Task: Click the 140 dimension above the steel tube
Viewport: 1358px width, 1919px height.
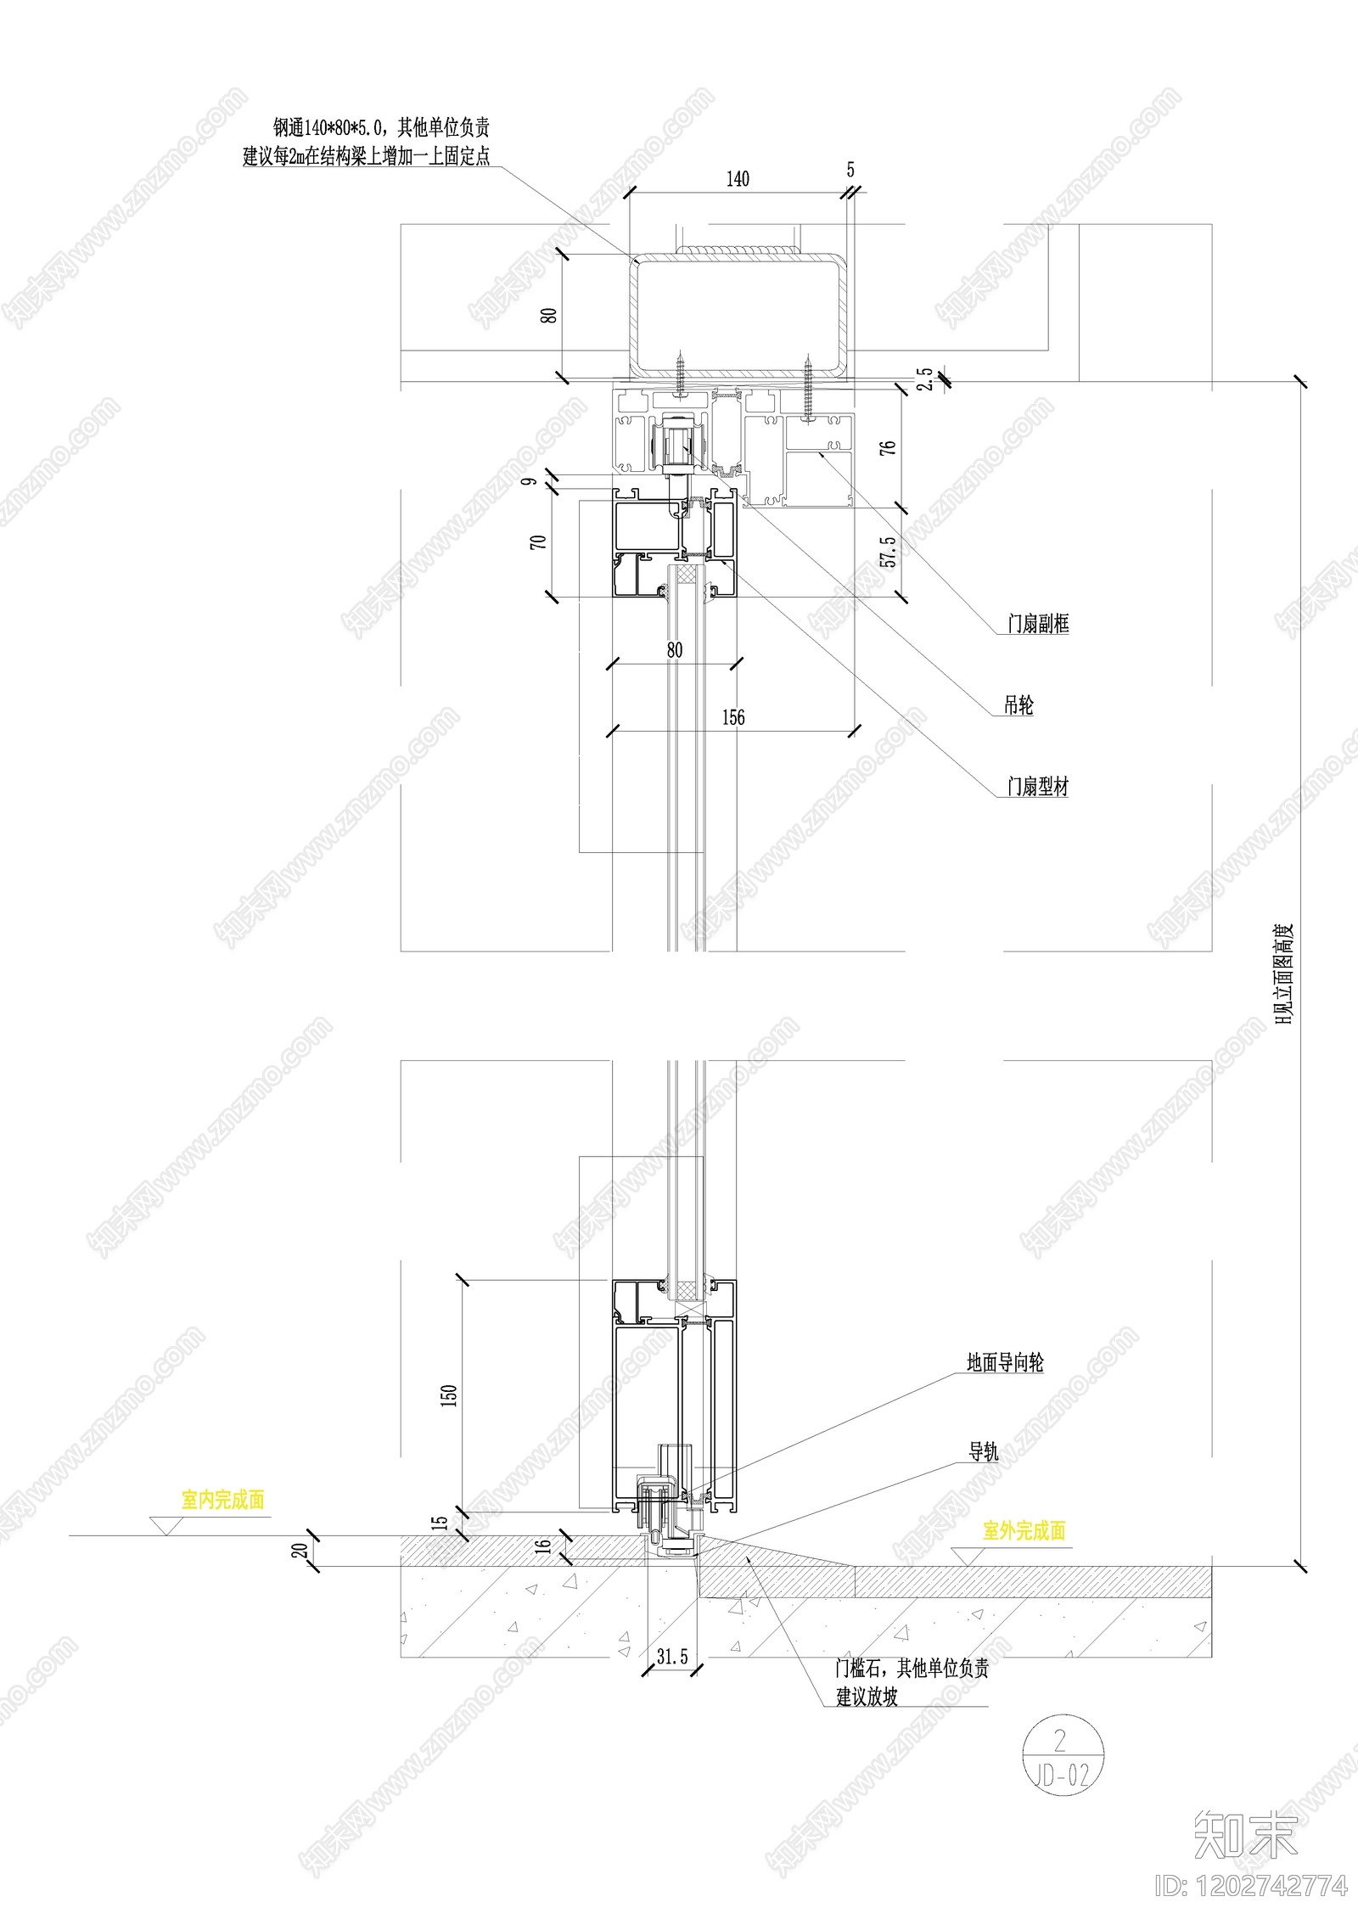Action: (738, 178)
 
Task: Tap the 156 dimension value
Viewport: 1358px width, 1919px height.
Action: (733, 717)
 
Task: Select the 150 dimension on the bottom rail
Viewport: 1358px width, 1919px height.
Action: (449, 1394)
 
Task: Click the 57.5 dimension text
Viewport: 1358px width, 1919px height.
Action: (888, 552)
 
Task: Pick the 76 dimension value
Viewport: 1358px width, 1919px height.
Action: (888, 446)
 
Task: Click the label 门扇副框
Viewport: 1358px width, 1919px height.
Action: (1038, 624)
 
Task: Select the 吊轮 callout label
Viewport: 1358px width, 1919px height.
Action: (1018, 705)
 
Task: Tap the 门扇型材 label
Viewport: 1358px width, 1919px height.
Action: (1038, 787)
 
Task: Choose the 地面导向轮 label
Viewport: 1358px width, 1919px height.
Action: (1005, 1363)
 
